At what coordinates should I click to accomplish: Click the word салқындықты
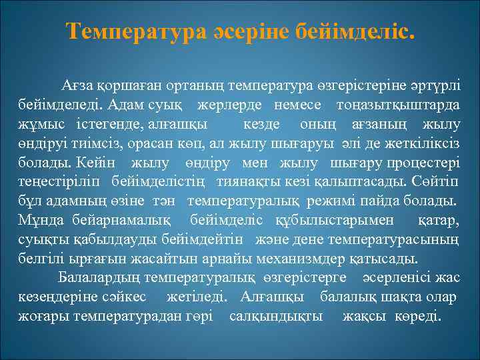coord(275,315)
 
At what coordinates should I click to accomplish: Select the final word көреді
coord(418,315)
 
